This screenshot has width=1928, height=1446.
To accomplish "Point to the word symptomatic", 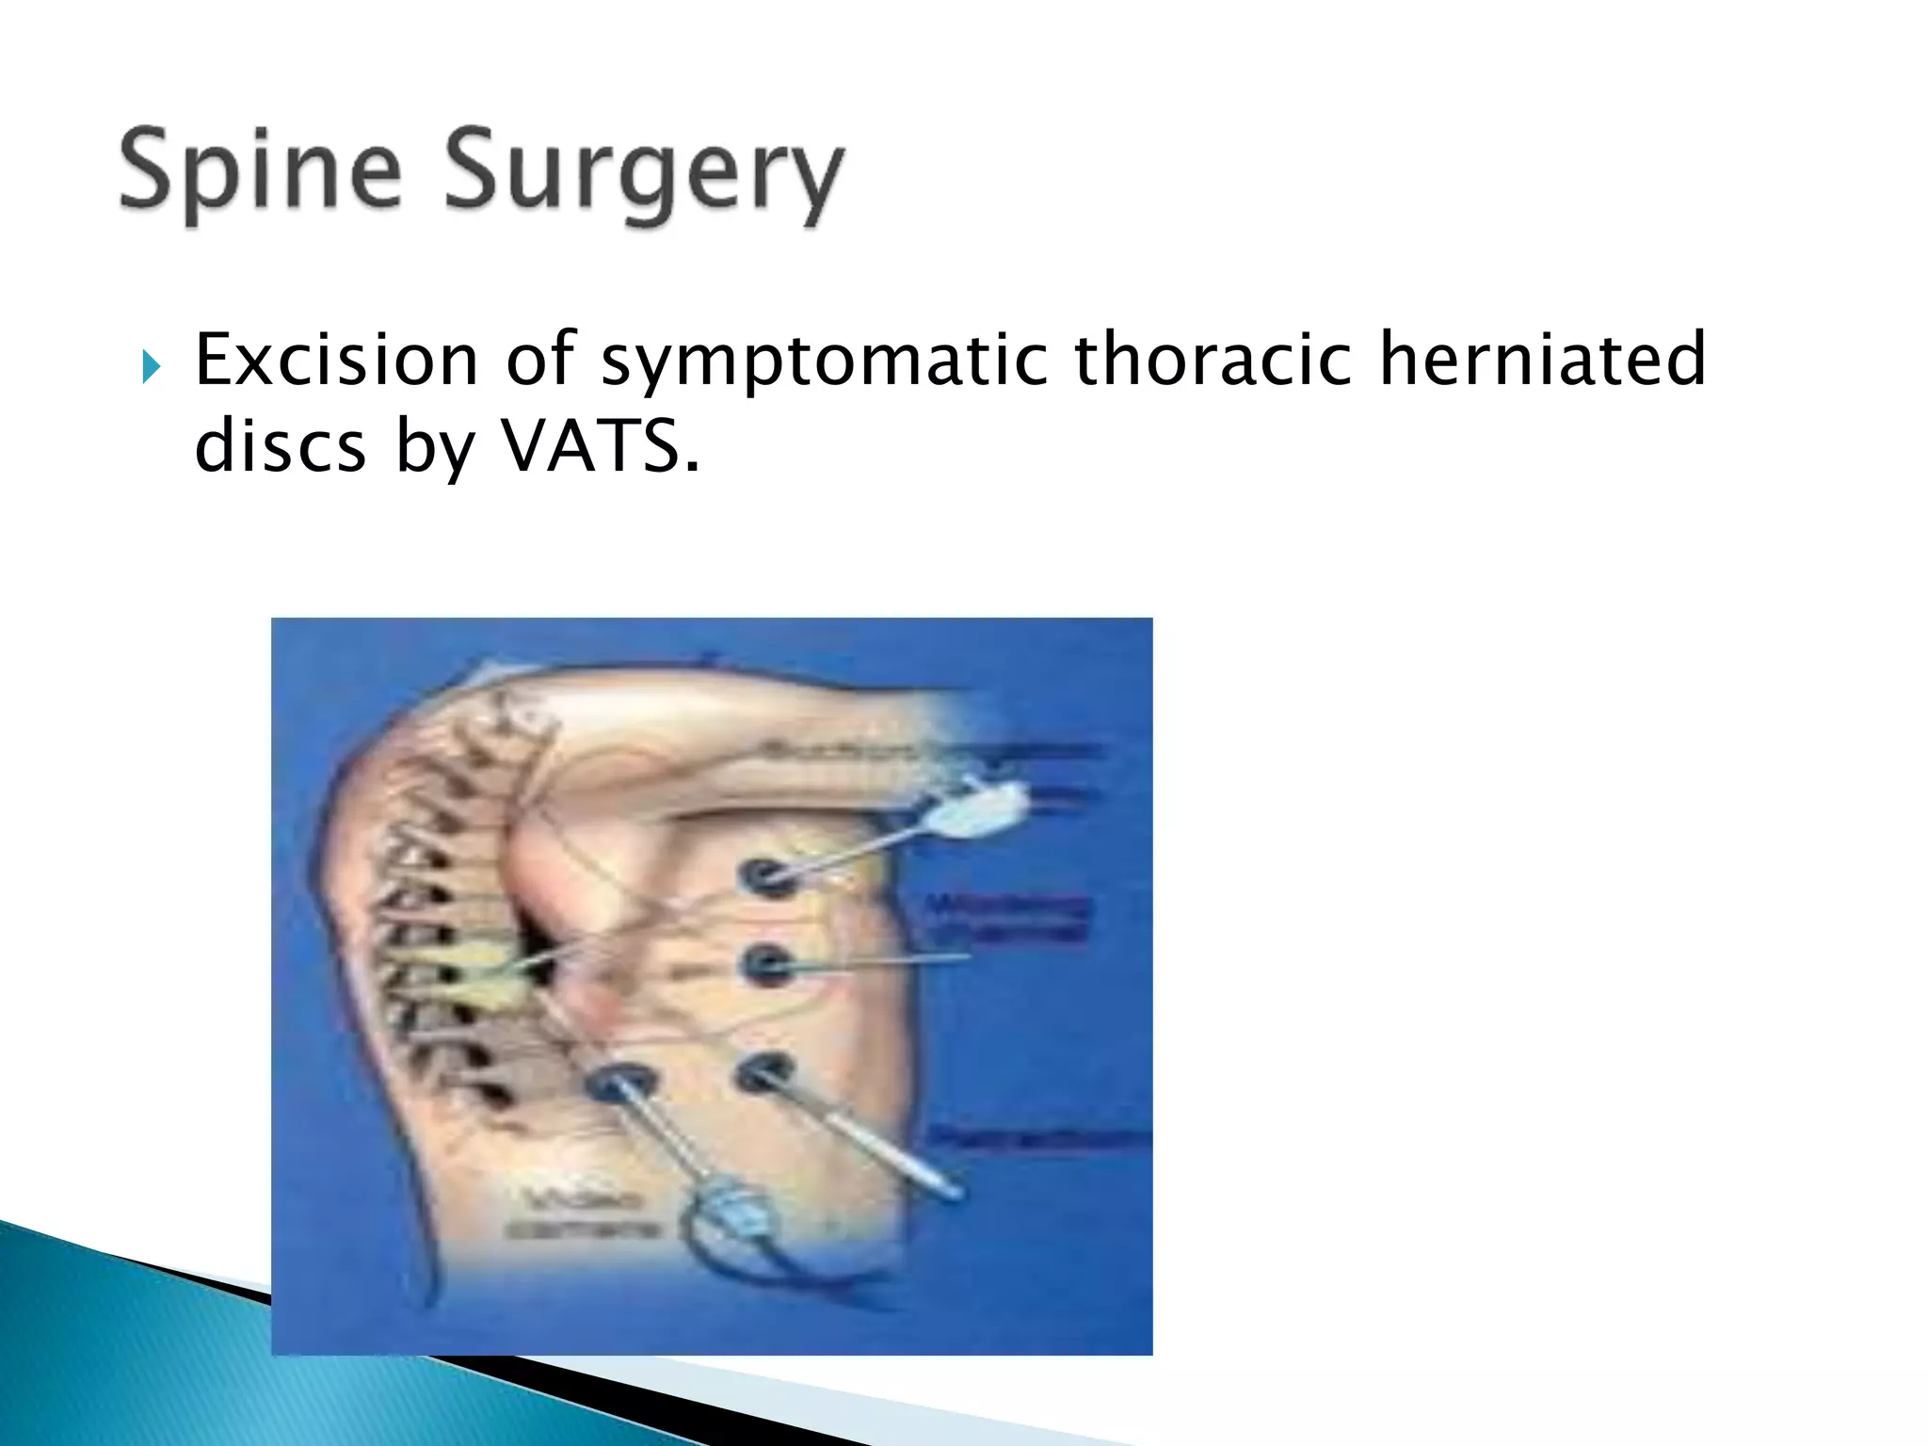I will (824, 361).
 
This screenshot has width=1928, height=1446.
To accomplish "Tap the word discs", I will (280, 445).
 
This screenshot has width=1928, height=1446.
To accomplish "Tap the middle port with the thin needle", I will (768, 964).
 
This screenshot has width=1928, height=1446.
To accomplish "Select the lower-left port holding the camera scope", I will (619, 1084).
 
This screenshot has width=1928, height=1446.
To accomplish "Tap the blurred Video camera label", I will (582, 1214).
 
